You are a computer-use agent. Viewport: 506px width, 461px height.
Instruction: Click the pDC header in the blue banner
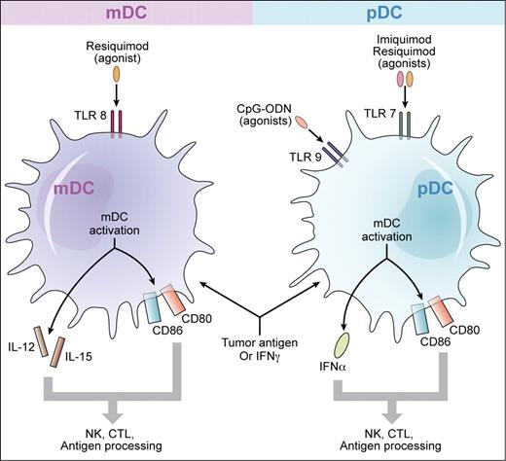tap(379, 13)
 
